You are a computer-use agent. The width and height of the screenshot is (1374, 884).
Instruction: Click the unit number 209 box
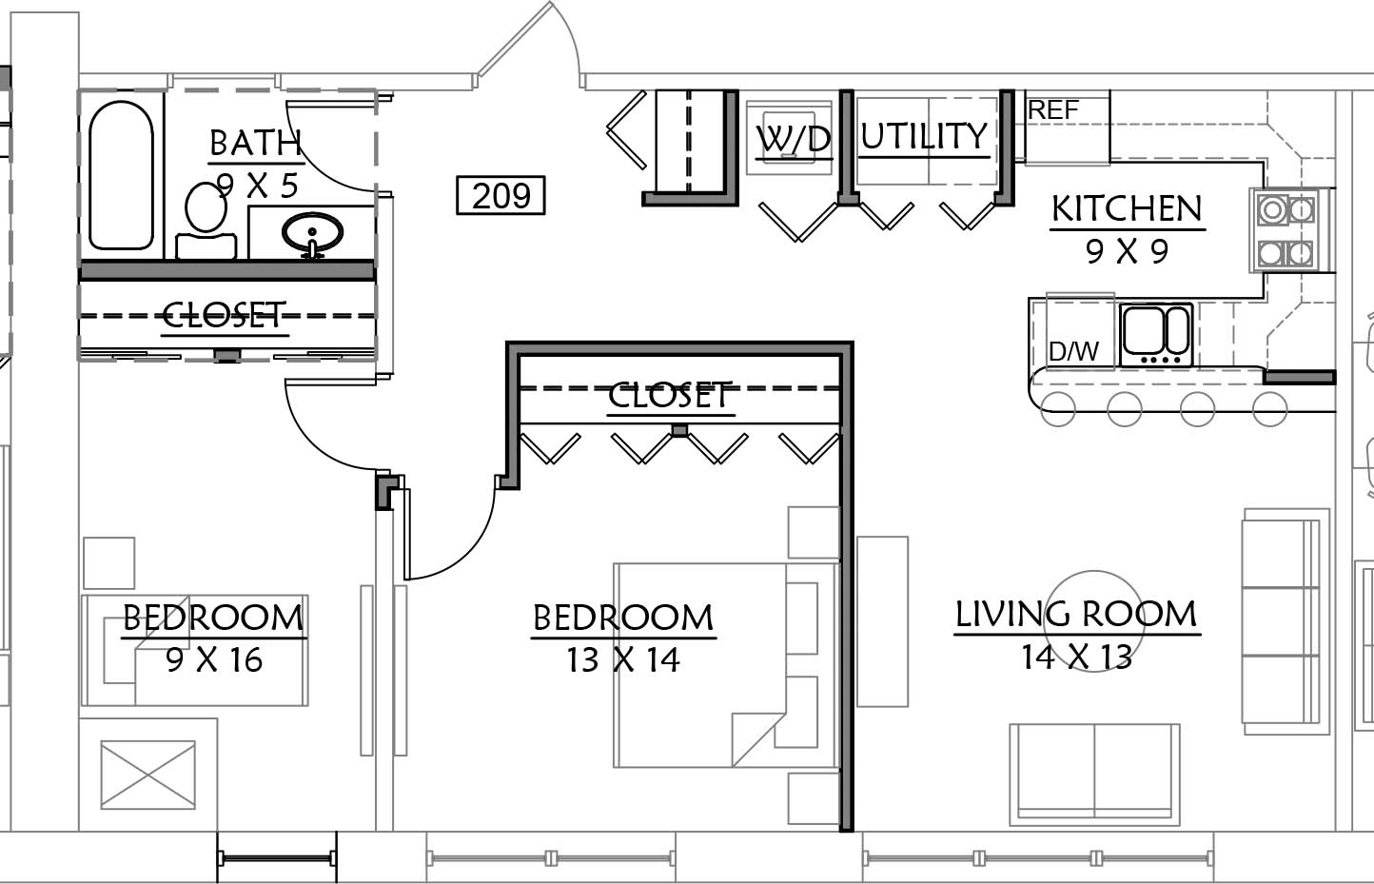501,196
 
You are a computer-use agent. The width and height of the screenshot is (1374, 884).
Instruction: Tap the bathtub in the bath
122,175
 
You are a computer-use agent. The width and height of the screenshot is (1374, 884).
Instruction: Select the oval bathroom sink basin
312,233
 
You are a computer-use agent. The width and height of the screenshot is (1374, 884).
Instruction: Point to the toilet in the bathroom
206,221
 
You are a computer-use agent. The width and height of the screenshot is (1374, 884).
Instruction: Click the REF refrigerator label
1052,110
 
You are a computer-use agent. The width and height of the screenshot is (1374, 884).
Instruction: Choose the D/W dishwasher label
1073,351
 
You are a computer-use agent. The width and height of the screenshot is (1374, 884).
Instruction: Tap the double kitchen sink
1156,336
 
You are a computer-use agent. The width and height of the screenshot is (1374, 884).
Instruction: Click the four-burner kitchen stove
1286,230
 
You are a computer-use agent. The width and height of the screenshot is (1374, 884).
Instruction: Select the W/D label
794,139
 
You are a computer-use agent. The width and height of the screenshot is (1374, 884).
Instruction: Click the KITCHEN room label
1127,208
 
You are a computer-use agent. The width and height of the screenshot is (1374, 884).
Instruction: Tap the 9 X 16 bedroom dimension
214,660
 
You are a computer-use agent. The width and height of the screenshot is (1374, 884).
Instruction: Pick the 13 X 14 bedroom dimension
622,660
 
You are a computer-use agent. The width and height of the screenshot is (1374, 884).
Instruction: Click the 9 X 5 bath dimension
257,186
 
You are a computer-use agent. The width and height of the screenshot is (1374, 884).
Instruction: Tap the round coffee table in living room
1093,620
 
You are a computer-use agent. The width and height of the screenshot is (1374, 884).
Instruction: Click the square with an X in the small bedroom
147,775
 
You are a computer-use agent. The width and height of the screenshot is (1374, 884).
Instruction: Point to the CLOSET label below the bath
225,315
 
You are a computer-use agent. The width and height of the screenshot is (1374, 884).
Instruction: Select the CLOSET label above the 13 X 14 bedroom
671,395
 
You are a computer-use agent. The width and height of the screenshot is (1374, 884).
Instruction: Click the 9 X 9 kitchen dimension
1127,251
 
